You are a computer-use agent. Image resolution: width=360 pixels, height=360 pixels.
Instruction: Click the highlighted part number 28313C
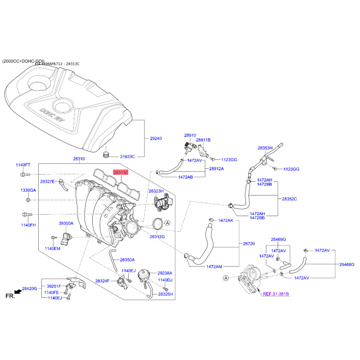[121, 172]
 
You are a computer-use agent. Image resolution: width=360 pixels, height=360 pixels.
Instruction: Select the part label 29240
[156, 139]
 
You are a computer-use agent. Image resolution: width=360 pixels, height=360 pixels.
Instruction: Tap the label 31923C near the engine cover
[127, 157]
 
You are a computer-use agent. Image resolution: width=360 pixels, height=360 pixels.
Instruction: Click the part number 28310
[79, 159]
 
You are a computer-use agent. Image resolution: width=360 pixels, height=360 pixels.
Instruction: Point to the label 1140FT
[23, 165]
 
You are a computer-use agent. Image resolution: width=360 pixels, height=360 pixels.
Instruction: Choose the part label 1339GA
[28, 190]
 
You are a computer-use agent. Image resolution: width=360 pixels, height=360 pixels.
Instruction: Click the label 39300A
[66, 223]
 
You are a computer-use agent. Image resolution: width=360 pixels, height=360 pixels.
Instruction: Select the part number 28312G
[157, 237]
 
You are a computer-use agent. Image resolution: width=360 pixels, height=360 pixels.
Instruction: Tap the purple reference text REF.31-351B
[276, 294]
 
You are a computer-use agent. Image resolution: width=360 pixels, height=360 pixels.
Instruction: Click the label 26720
[249, 243]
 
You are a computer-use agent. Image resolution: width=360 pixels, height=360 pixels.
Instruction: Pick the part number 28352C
[289, 199]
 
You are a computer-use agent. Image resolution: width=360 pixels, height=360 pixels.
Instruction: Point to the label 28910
[190, 135]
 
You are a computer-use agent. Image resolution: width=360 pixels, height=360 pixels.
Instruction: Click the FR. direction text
[10, 296]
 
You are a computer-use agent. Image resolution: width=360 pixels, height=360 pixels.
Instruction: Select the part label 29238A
[165, 273]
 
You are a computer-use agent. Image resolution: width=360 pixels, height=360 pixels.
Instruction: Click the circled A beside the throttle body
[226, 278]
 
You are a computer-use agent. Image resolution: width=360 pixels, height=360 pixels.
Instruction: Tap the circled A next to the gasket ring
[167, 223]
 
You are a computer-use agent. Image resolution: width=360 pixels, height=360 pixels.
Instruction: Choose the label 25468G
[347, 265]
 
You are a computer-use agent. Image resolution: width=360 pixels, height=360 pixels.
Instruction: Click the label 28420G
[29, 288]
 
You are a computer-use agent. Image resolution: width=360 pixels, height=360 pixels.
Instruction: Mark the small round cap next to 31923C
[106, 154]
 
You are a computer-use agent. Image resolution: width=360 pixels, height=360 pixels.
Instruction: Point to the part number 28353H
[265, 148]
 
